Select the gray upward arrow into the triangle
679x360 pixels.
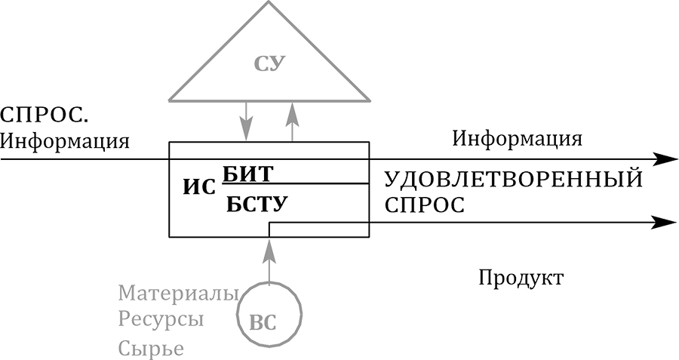pyautogui.click(x=293, y=121)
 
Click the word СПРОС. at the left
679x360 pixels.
pyautogui.click(x=44, y=116)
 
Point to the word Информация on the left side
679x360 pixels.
pyautogui.click(x=65, y=140)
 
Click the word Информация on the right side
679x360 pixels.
pyautogui.click(x=517, y=139)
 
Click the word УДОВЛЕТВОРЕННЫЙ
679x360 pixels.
pyautogui.click(x=513, y=180)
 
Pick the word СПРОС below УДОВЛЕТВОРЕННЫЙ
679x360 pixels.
pyautogui.click(x=424, y=205)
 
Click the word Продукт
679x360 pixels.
pyautogui.click(x=521, y=278)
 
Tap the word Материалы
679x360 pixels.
pyautogui.click(x=178, y=292)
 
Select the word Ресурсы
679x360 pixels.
pyautogui.click(x=161, y=319)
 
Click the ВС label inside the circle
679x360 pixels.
pyautogui.click(x=263, y=322)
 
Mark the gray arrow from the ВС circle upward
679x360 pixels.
pyautogui.click(x=269, y=260)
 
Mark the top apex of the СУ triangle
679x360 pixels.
pyautogui.click(x=269, y=2)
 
